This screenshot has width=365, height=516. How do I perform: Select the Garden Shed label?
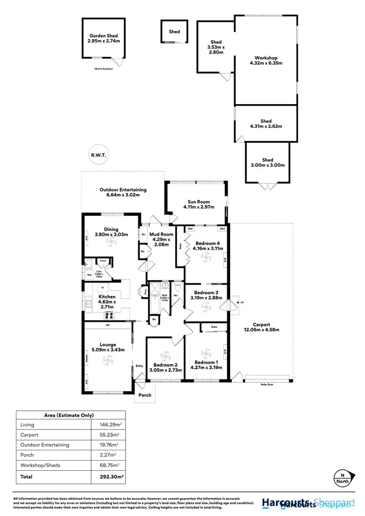(103, 38)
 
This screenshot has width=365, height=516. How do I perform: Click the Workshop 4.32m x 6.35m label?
(266, 60)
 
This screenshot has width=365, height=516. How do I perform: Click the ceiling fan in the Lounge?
(108, 359)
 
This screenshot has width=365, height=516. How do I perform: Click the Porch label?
(145, 395)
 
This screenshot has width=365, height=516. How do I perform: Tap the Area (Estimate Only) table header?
(71, 414)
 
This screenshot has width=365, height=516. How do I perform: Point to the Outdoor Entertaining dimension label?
(123, 193)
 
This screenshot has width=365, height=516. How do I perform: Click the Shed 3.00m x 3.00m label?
(268, 162)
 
